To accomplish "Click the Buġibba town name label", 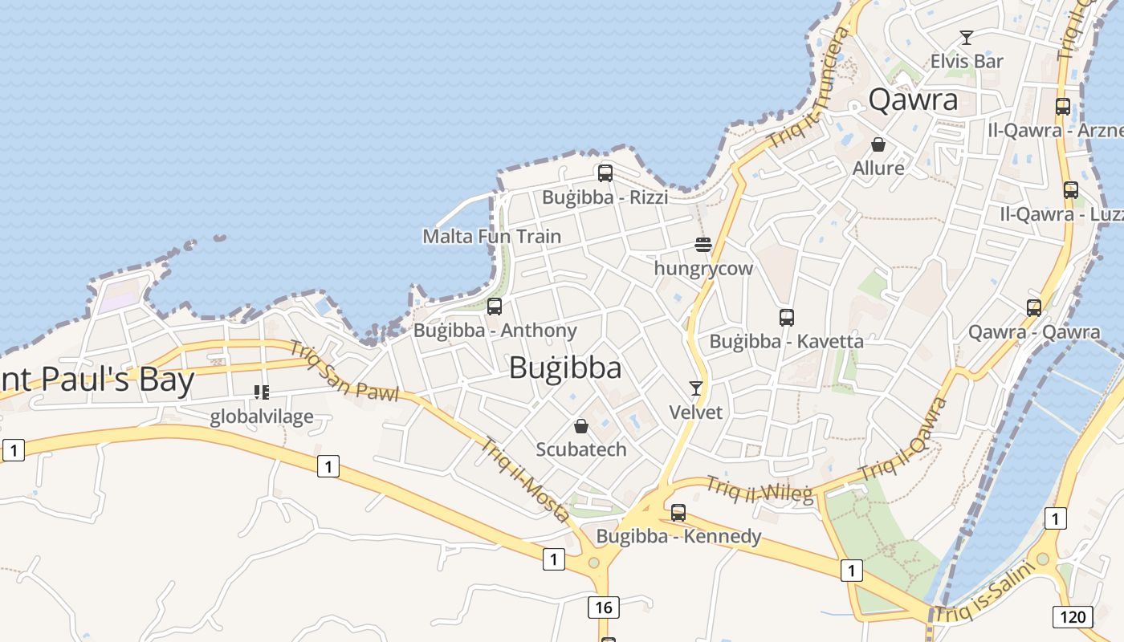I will [x=565, y=368].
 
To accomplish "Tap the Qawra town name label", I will [x=914, y=100].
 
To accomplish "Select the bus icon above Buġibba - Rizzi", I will [x=605, y=173].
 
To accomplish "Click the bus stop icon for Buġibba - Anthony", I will [x=495, y=306].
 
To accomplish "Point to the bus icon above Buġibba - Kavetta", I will [x=787, y=317].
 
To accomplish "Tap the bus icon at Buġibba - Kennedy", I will [x=678, y=512].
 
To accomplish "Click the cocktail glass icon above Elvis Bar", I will [x=967, y=38].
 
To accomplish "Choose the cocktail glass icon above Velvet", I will [x=696, y=388].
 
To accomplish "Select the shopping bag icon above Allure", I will [x=878, y=144].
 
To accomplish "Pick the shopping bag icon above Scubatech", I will [x=581, y=425].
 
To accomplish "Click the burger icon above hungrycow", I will [x=703, y=244].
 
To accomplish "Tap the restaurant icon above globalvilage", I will [x=262, y=392].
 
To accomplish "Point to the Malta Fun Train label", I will [x=491, y=237].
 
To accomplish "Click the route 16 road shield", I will [x=604, y=607].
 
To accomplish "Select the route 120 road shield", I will [x=1072, y=616].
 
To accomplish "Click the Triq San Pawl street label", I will [x=344, y=371].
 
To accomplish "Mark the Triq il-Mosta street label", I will [x=525, y=479].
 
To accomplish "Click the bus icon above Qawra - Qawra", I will [x=1034, y=307].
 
